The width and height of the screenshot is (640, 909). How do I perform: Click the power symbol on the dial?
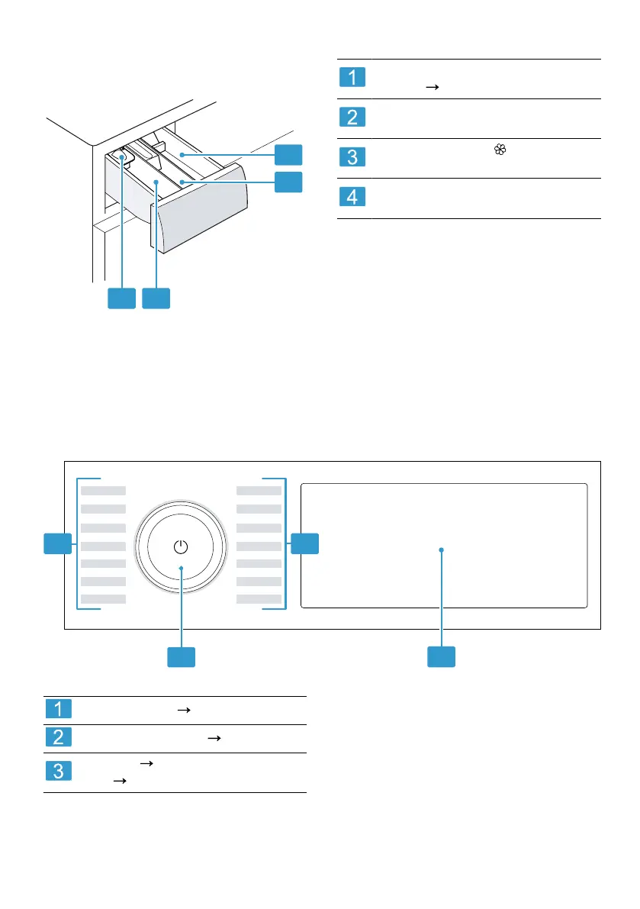[180, 546]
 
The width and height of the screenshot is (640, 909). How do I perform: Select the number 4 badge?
[352, 197]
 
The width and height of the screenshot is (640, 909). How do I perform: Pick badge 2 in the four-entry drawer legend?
[352, 118]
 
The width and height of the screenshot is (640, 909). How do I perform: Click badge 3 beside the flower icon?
[352, 157]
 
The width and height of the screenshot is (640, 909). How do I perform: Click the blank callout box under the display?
[442, 656]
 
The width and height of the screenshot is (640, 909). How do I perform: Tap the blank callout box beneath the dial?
[182, 656]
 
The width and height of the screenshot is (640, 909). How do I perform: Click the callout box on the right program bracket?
[304, 544]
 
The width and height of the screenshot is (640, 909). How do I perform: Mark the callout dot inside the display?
[442, 550]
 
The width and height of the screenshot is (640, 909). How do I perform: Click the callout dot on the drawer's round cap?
[122, 157]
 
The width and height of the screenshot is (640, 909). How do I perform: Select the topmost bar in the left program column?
[104, 490]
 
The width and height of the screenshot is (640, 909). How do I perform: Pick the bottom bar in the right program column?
[259, 599]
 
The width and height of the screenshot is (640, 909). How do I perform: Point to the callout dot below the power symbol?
[181, 568]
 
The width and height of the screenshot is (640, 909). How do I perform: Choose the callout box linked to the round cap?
[122, 298]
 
